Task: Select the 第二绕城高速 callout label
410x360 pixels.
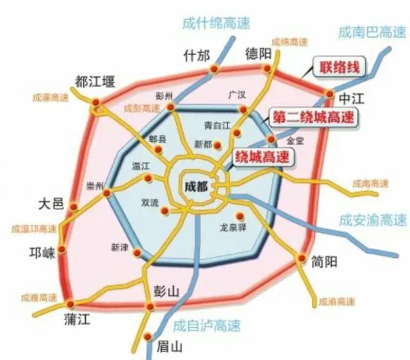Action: (x=313, y=118)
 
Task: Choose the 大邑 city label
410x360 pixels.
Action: (x=51, y=204)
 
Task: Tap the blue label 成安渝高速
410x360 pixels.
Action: (x=373, y=220)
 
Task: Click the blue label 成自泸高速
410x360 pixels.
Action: (x=207, y=326)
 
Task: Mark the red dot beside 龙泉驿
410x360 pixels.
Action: (x=241, y=216)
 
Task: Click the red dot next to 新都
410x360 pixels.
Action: (x=218, y=144)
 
